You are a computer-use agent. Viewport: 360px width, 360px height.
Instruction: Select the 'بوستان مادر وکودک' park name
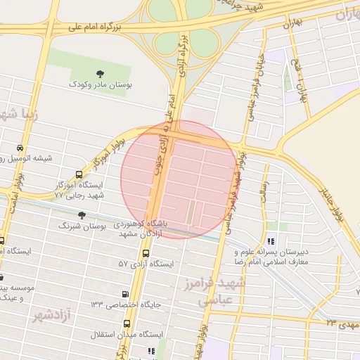[x=99, y=84]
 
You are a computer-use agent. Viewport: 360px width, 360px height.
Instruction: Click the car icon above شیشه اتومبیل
[x=20, y=148]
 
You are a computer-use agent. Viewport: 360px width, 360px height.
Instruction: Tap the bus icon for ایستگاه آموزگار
[x=78, y=174]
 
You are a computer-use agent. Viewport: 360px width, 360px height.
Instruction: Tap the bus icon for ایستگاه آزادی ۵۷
[x=146, y=253]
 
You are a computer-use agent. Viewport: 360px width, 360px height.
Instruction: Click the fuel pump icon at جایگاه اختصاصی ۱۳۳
[x=125, y=294]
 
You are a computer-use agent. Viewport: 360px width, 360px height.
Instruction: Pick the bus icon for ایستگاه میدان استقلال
[x=127, y=323]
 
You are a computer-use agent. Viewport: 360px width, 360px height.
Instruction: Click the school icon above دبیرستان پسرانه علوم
[x=271, y=226]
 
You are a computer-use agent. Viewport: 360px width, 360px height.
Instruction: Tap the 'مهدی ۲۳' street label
[x=341, y=323]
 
